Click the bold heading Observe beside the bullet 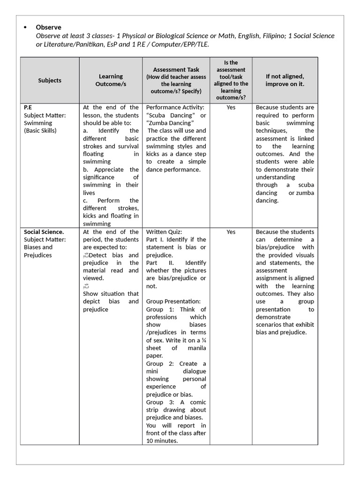[48, 27]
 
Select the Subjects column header [50, 80]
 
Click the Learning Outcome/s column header [111, 80]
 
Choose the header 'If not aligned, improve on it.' [285, 80]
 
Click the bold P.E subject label [28, 107]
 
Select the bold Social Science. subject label [44, 232]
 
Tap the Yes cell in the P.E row [231, 107]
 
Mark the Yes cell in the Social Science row [231, 232]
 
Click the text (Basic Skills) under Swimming [40, 130]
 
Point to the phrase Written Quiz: [164, 232]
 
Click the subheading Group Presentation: [173, 301]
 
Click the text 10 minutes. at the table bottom [162, 441]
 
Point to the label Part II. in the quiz [158, 262]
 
